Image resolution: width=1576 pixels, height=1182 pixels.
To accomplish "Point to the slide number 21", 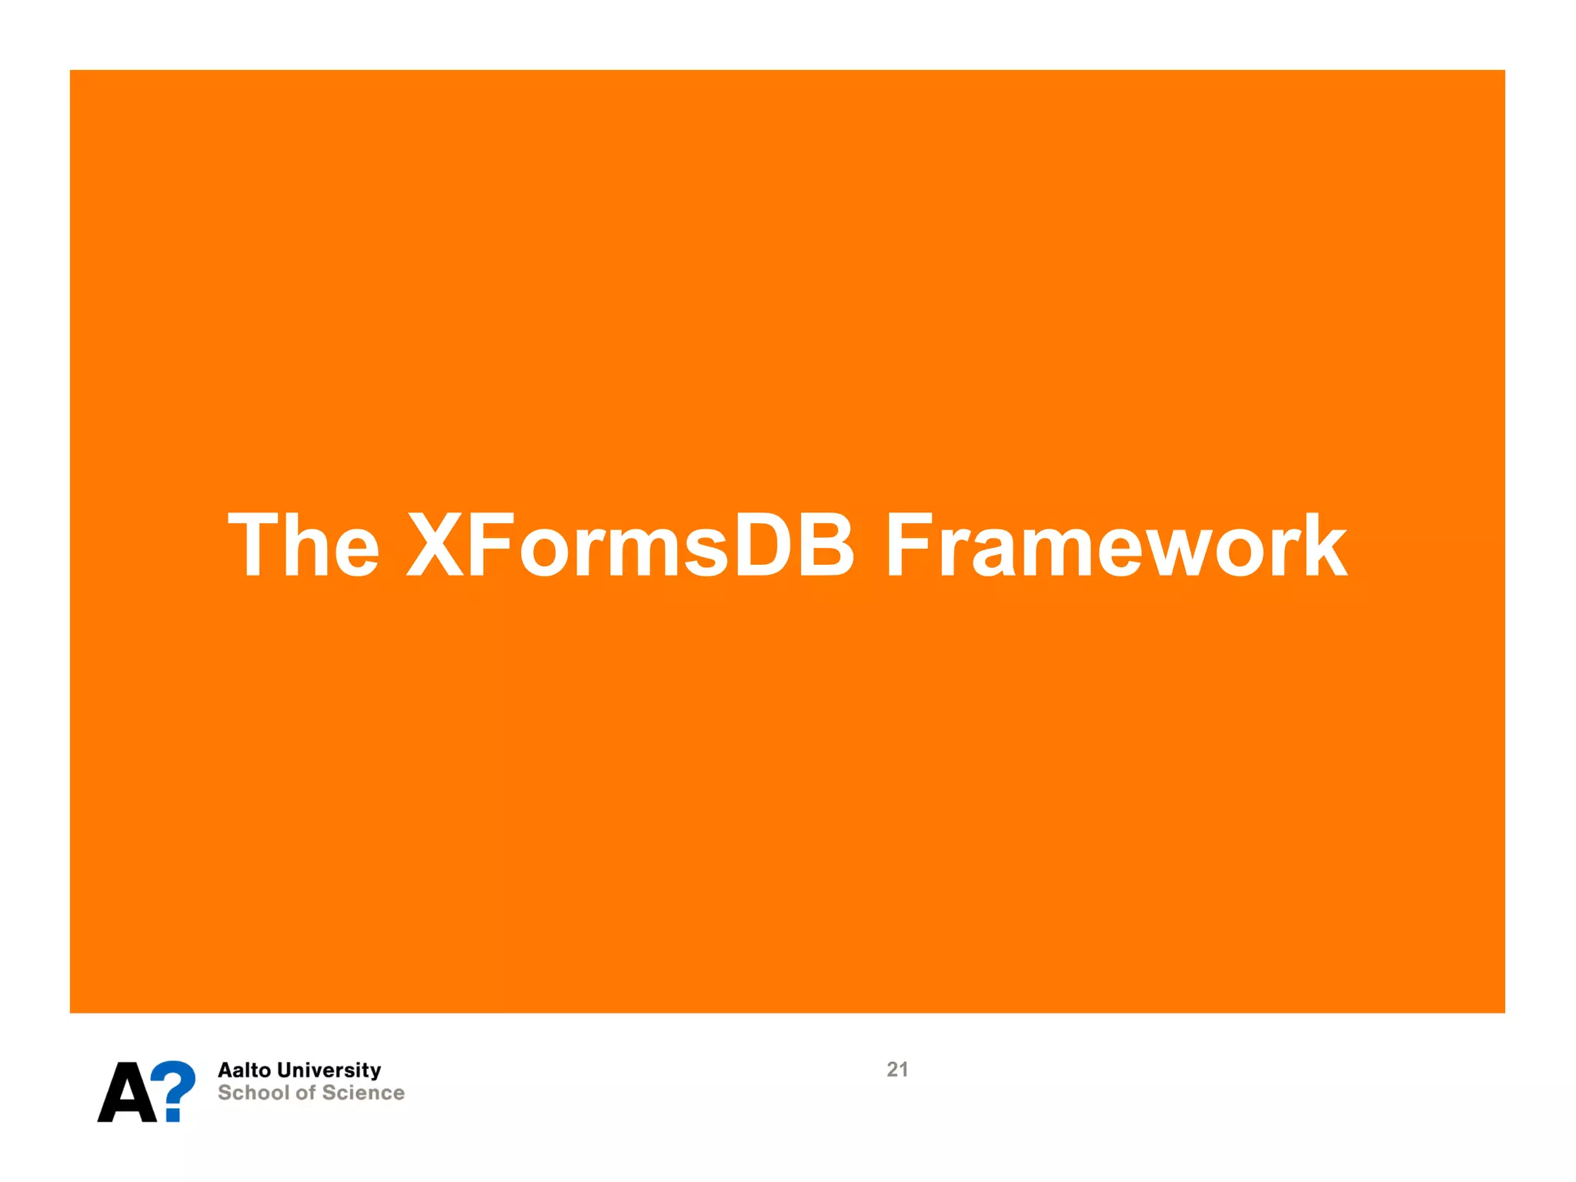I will [897, 1070].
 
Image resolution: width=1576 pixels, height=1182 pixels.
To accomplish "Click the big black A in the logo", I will [127, 1093].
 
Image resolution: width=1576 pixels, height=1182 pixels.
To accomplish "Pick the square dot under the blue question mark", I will [175, 1114].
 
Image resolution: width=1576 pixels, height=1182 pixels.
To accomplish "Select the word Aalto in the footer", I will [244, 1070].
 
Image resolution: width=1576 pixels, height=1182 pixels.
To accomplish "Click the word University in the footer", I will [329, 1070].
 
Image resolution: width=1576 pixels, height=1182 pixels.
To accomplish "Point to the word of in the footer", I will [306, 1093].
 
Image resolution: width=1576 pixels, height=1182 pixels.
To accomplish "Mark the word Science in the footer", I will [363, 1093].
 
